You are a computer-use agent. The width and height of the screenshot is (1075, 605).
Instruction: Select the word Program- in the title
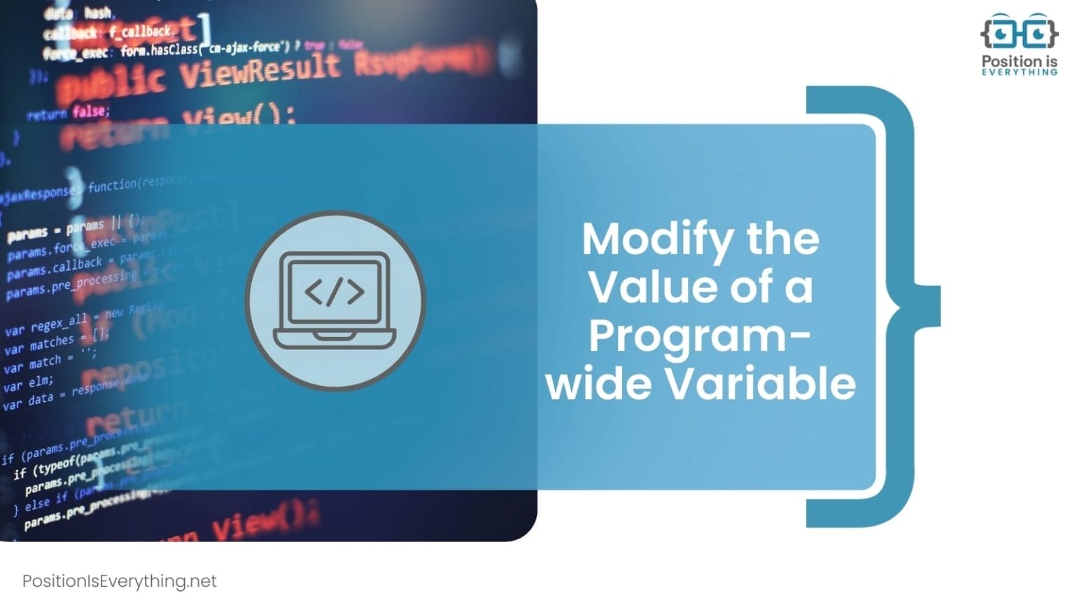click(699, 336)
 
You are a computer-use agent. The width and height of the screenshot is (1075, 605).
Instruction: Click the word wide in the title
click(598, 384)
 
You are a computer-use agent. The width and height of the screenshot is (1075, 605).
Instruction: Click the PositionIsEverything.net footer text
click(120, 581)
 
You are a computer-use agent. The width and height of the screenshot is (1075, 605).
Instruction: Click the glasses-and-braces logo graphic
click(1018, 32)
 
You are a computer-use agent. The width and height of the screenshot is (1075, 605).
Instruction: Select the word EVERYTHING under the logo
click(1019, 72)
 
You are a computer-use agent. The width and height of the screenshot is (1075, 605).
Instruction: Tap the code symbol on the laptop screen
click(335, 292)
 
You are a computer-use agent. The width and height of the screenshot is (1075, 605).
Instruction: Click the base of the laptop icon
click(335, 339)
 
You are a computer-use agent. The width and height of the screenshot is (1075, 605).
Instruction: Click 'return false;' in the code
click(69, 113)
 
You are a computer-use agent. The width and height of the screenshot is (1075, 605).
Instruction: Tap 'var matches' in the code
click(39, 345)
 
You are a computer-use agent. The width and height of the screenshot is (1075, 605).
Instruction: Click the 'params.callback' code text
click(55, 269)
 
